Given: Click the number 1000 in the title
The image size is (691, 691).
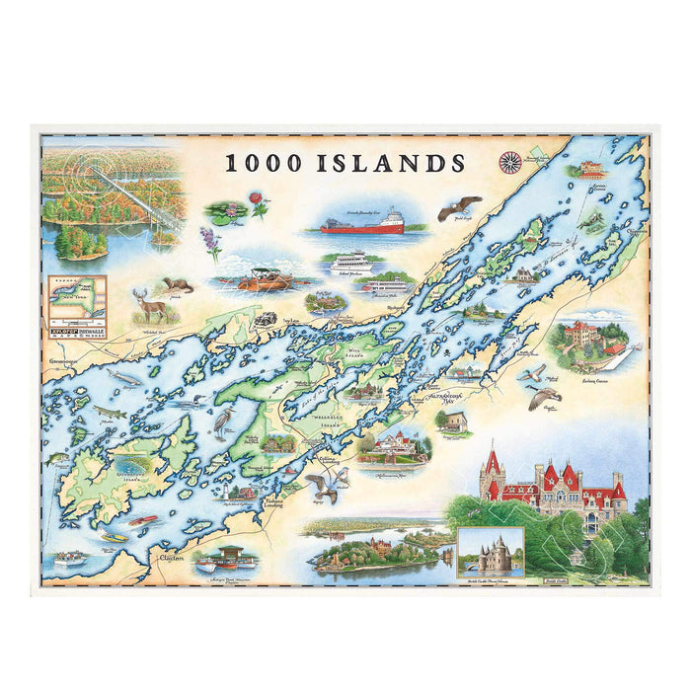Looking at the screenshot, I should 265,163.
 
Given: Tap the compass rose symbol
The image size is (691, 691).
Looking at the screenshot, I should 510,161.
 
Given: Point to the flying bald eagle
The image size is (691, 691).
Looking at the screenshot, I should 459,207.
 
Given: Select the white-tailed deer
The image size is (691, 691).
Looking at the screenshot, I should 151,308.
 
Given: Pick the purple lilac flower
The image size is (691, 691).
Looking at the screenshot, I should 210,243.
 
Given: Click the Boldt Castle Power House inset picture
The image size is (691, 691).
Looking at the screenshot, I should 490,552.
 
